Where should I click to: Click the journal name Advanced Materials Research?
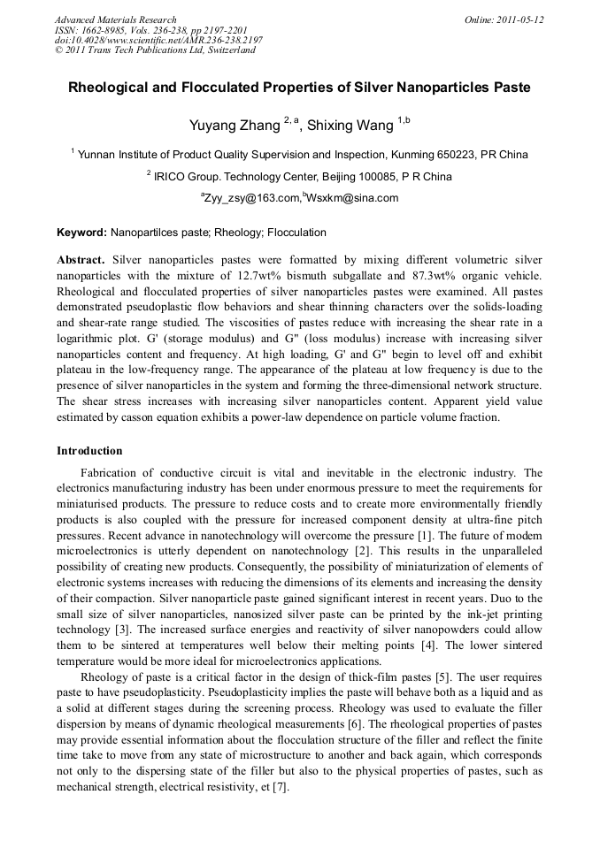pos(116,19)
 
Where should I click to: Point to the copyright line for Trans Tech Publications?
pos(155,50)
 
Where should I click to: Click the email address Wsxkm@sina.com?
pos(352,198)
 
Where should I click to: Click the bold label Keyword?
pos(81,233)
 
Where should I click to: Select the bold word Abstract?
pos(81,260)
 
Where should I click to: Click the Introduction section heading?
pos(89,451)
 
